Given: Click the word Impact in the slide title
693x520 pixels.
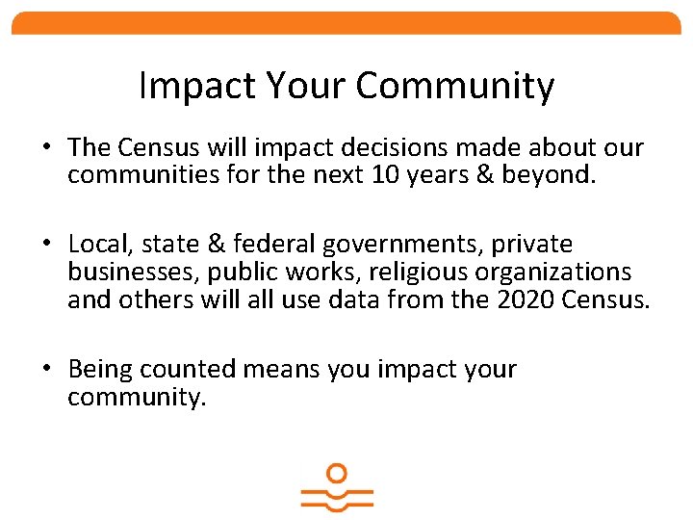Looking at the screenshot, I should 183,87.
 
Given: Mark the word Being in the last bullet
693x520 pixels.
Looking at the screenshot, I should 100,369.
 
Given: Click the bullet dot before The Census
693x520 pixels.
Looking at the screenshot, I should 46,148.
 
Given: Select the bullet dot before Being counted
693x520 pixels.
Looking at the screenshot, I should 46,370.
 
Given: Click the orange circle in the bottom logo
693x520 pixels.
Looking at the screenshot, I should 336,474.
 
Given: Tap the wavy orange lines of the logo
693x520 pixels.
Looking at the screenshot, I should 336,498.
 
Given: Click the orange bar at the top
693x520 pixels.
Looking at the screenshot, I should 346,23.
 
